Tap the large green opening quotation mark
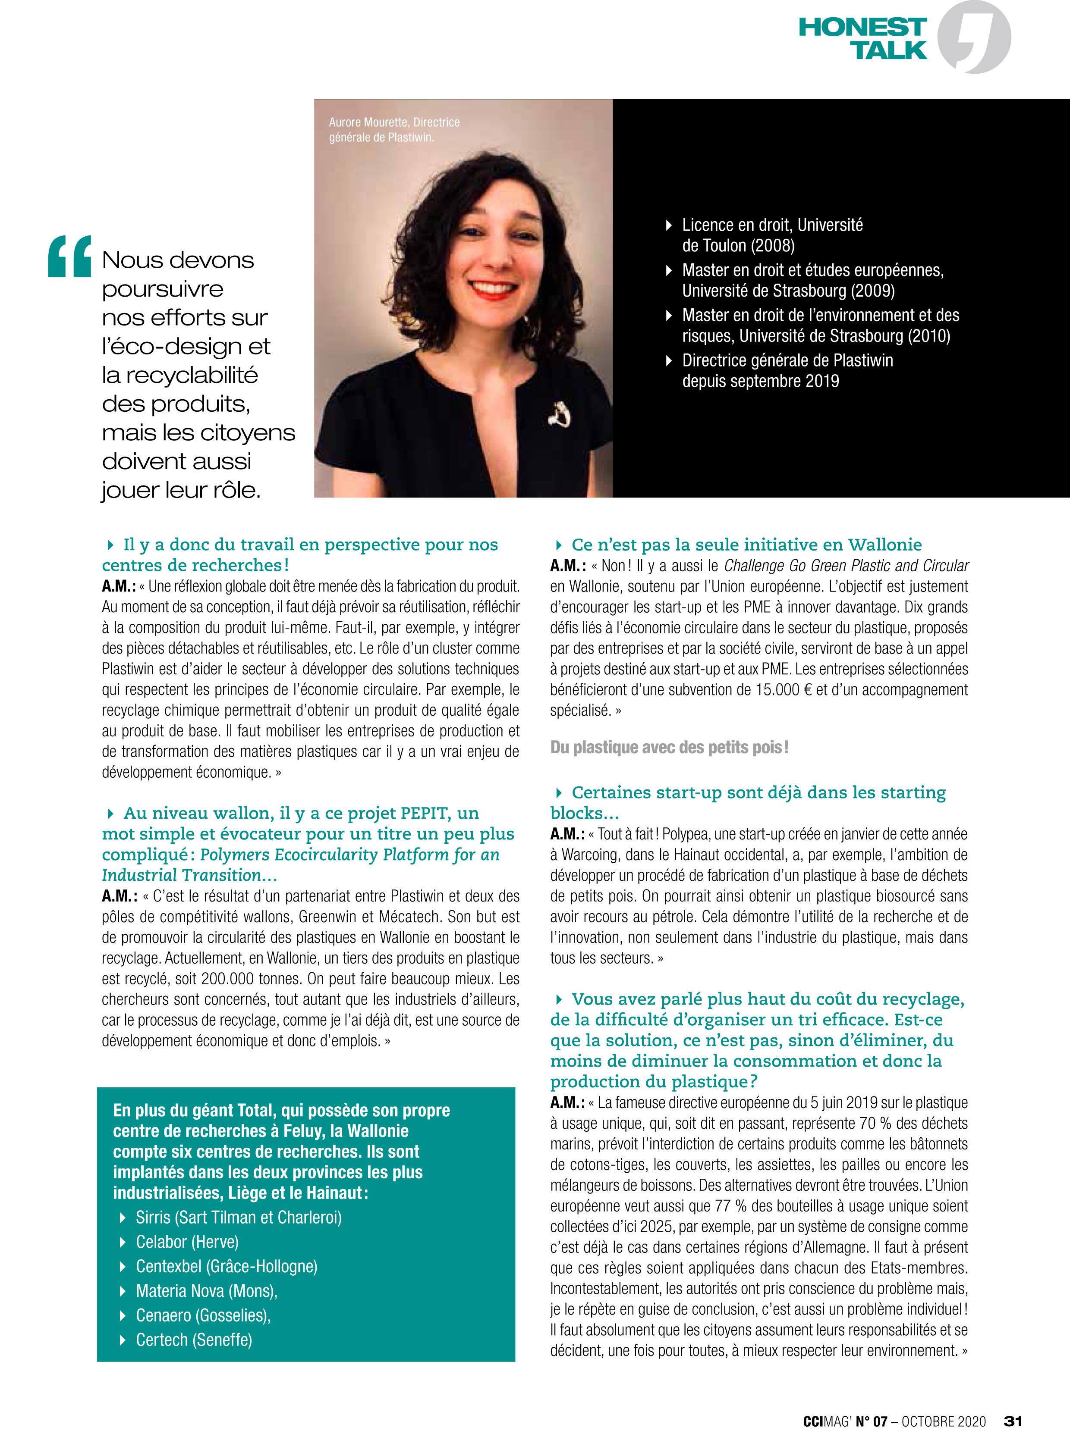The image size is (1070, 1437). pos(69,257)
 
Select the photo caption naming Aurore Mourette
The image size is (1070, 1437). pos(394,129)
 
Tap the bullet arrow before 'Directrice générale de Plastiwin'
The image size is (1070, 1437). pos(669,360)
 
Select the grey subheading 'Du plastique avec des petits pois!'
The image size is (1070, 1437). pos(669,748)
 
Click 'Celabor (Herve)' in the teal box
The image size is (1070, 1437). pos(187,1242)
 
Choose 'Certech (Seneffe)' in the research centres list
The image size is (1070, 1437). pos(194,1340)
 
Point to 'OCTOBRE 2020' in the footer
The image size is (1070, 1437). pos(943,1421)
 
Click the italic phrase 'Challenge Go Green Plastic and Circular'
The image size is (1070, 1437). pos(846,566)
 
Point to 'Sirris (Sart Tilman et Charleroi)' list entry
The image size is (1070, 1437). pos(238,1218)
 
